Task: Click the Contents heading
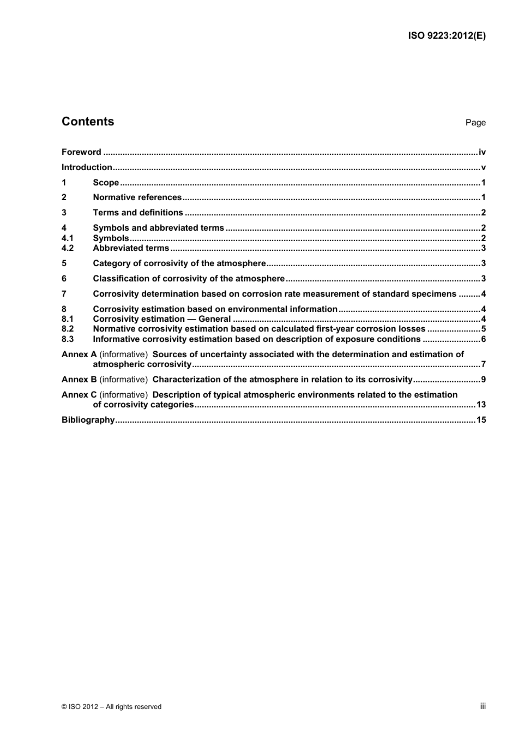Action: click(88, 122)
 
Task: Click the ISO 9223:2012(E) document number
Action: click(447, 36)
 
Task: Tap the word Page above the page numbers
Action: click(475, 123)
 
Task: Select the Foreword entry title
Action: click(81, 152)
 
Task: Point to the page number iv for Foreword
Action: click(482, 152)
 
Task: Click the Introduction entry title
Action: click(87, 167)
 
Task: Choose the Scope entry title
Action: click(106, 183)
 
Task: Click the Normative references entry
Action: click(137, 197)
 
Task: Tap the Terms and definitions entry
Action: click(138, 213)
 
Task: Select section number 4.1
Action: click(68, 238)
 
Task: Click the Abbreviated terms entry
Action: click(131, 248)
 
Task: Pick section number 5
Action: click(64, 263)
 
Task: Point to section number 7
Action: click(64, 294)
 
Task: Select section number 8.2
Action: click(68, 329)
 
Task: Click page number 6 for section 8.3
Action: click(483, 339)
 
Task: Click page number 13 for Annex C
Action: click(480, 405)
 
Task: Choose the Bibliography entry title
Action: click(88, 420)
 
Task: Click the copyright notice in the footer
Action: click(111, 707)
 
